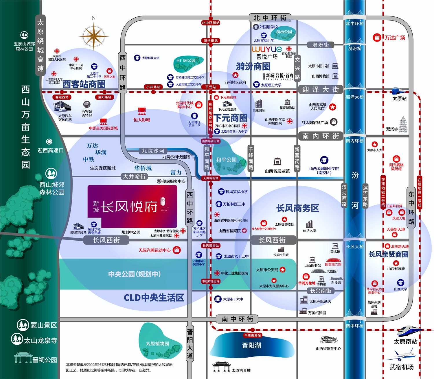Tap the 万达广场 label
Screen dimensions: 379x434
point(395,38)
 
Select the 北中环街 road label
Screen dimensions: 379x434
point(270,18)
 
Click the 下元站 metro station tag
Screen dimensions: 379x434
point(211,87)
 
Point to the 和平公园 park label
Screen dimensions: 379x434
point(226,160)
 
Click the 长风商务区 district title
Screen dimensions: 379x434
point(297,208)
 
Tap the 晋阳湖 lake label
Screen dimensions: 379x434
point(251,345)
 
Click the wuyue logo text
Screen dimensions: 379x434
point(266,49)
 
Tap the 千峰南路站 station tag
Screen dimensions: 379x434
point(252,335)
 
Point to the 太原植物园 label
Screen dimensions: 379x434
point(157,344)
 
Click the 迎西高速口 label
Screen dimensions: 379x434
point(50,151)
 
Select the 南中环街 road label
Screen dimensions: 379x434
point(238,319)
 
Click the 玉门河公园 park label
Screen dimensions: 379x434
point(186,61)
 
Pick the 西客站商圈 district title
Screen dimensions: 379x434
point(84,84)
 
